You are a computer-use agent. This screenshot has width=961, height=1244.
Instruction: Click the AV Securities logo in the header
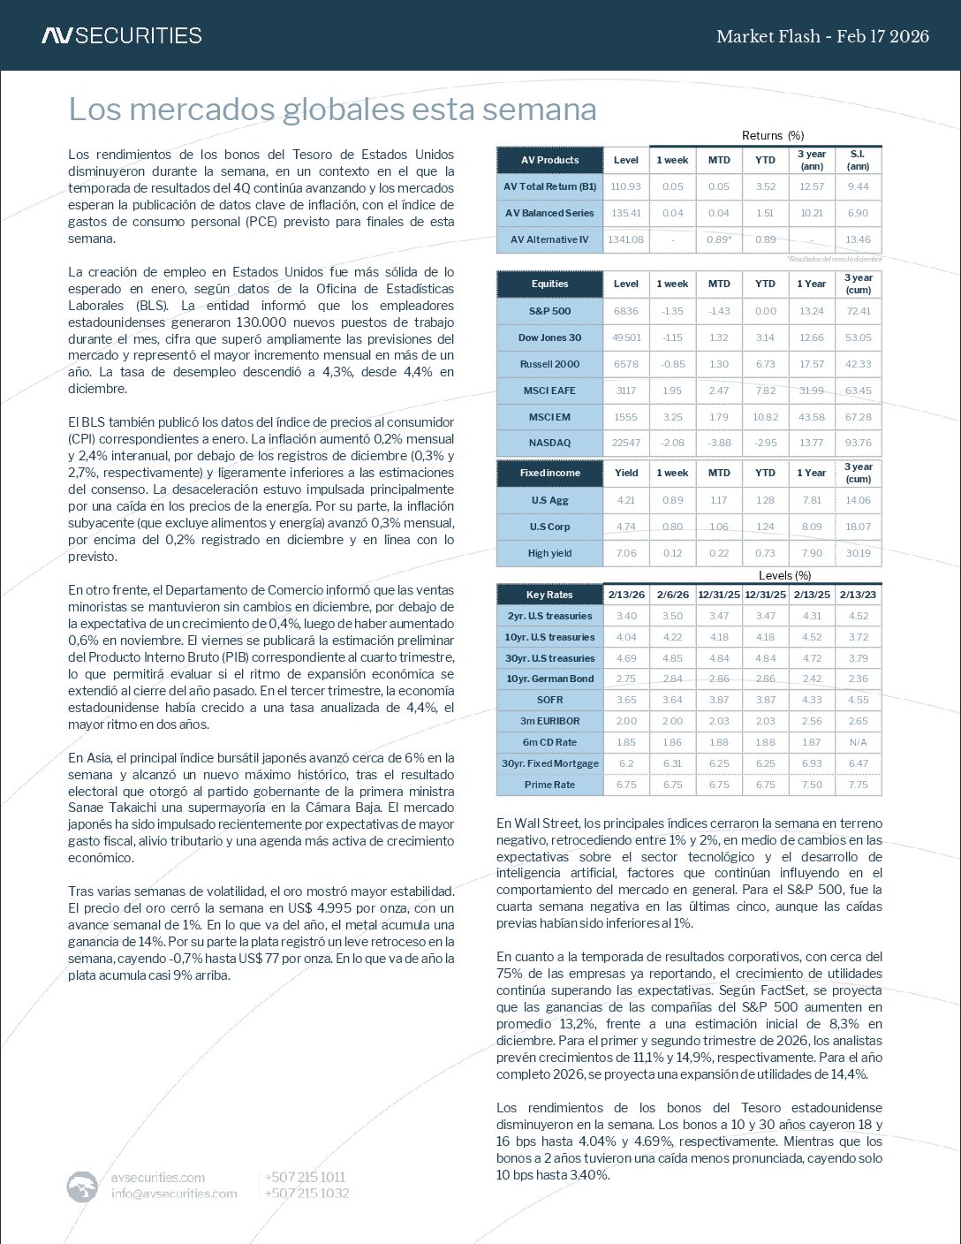pos(122,35)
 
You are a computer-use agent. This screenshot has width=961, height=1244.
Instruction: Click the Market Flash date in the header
pos(822,36)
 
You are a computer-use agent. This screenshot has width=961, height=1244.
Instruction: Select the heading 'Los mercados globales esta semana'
pos(332,110)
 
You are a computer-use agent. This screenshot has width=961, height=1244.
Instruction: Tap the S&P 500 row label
pos(549,311)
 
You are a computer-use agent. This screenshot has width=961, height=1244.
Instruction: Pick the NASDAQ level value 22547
pos(625,443)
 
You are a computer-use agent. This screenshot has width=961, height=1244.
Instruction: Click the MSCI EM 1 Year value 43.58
pos(811,417)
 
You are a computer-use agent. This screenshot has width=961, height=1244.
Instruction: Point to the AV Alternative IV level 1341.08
pos(625,239)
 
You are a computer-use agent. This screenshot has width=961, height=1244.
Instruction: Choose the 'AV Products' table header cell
pos(549,160)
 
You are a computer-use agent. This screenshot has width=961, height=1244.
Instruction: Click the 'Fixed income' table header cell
pos(549,473)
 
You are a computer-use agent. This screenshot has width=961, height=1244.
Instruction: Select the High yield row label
pos(549,553)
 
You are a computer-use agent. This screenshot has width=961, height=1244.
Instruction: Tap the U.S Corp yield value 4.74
pos(625,527)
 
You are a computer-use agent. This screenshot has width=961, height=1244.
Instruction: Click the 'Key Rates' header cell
pos(549,595)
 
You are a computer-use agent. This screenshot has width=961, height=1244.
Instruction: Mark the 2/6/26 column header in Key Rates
pos(672,595)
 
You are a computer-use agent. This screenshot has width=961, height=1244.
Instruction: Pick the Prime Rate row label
pos(549,785)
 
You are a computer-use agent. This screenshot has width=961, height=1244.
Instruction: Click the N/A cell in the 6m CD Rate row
pos(858,742)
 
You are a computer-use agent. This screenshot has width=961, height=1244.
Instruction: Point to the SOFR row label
pos(549,700)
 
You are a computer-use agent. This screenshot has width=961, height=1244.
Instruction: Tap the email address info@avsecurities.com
pos(174,1194)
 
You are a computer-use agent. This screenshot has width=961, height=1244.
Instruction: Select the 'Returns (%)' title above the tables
pos(772,135)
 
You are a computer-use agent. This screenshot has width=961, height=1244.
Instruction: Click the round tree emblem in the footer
pos(82,1186)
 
